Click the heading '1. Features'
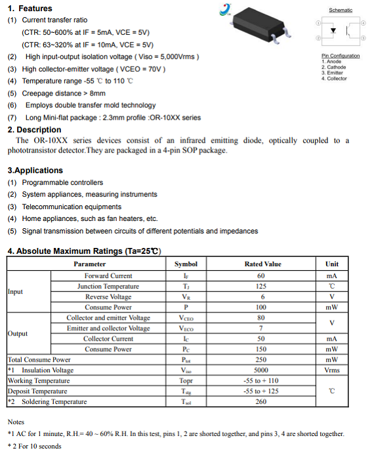(30, 9)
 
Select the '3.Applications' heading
(35, 170)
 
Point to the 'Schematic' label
(340, 10)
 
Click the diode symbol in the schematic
(334, 31)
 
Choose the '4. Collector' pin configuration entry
(334, 78)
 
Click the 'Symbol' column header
(186, 264)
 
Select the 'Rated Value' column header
(262, 264)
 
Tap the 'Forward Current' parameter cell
(108, 276)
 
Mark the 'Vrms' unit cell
(331, 370)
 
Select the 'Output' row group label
(18, 333)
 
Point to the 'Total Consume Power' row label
(39, 360)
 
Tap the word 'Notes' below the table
(16, 422)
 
